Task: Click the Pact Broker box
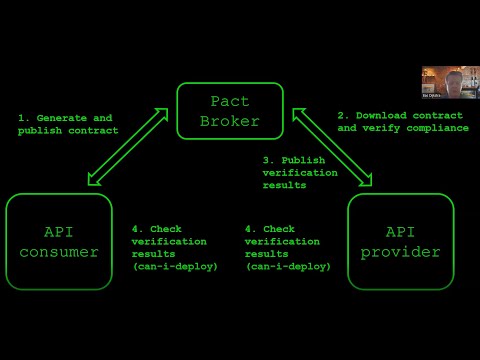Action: (x=230, y=111)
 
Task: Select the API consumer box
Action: (x=59, y=241)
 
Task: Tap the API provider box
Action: (x=400, y=241)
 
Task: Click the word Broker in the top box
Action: (x=230, y=121)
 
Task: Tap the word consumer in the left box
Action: (x=59, y=252)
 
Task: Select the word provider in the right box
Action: (x=400, y=252)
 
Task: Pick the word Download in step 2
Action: (x=383, y=115)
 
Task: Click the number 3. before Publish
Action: (x=268, y=160)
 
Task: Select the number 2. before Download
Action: (x=342, y=115)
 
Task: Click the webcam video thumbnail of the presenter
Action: (x=449, y=82)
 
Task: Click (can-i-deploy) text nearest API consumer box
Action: (x=175, y=266)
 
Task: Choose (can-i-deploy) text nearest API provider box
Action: (x=288, y=266)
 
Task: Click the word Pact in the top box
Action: (x=230, y=101)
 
